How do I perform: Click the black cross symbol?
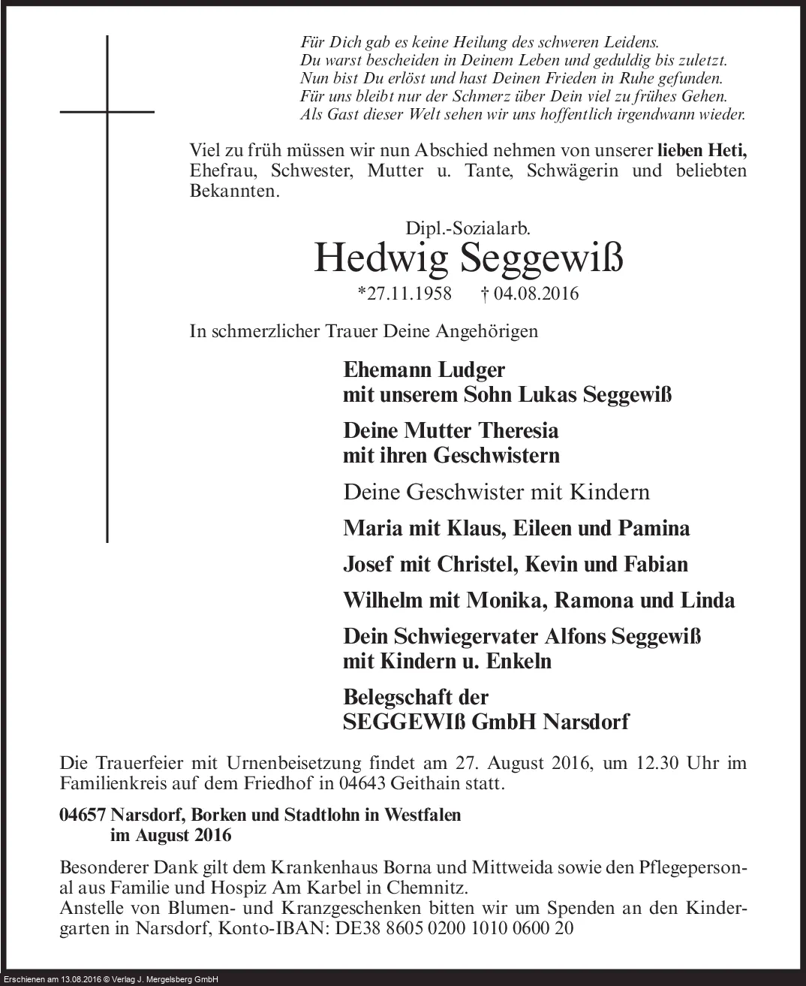pos(107,113)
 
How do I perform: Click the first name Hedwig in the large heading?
pos(380,258)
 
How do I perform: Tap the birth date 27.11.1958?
pos(405,294)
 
